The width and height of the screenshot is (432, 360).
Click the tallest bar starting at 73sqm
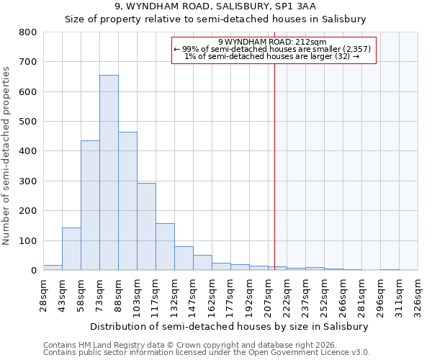coord(109,173)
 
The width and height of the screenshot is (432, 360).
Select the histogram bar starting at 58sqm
coord(90,205)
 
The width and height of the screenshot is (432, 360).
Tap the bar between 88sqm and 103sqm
coord(127,201)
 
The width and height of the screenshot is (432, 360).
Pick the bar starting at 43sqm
coord(71,249)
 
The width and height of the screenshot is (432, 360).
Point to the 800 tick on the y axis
coord(28,32)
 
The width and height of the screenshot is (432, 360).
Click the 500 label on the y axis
coord(28,122)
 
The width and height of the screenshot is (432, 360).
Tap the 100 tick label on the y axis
coord(28,240)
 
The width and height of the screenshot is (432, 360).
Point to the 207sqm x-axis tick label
coord(268,293)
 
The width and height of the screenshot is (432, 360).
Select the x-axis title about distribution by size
coord(230,326)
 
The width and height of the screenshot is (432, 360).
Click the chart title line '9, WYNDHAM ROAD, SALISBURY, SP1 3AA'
coord(215,6)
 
